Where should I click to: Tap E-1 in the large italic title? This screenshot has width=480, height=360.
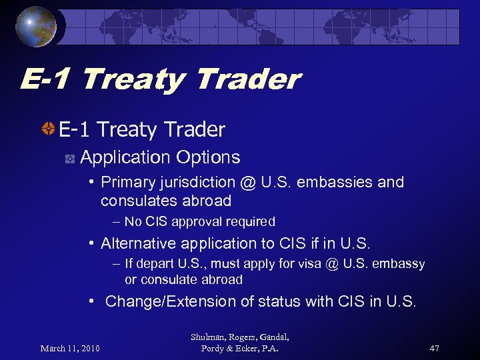(x=47, y=80)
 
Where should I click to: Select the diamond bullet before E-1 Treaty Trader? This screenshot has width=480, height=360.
(x=49, y=129)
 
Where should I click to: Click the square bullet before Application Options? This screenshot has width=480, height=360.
(x=69, y=159)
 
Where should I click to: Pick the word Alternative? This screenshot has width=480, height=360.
(x=141, y=243)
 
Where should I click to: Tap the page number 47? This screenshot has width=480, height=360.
(x=435, y=348)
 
